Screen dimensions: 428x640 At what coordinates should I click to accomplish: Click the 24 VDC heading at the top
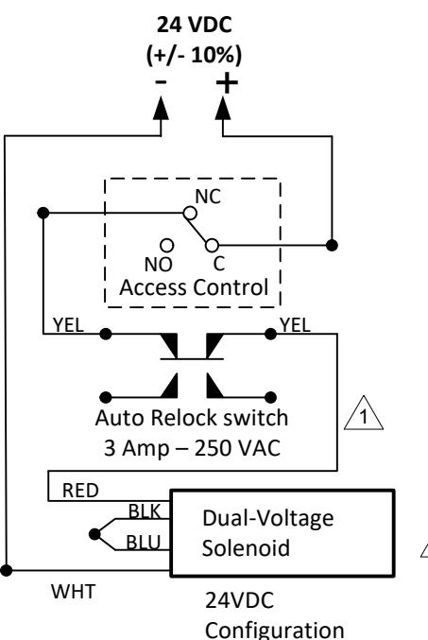pyautogui.click(x=195, y=25)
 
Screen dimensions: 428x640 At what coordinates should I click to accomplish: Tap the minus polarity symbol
pyautogui.click(x=162, y=81)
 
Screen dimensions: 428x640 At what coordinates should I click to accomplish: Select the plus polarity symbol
pyautogui.click(x=227, y=83)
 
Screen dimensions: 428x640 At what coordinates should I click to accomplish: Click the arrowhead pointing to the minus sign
pyautogui.click(x=162, y=108)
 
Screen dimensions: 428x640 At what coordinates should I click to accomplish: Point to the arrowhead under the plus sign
pyautogui.click(x=223, y=108)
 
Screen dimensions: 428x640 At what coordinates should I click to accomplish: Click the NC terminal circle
pyautogui.click(x=190, y=213)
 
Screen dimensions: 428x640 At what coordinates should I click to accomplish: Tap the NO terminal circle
pyautogui.click(x=167, y=245)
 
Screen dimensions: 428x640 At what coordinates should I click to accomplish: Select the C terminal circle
pyautogui.click(x=212, y=245)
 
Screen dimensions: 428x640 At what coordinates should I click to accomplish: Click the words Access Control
pyautogui.click(x=194, y=287)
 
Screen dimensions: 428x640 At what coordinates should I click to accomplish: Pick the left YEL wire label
pyautogui.click(x=68, y=325)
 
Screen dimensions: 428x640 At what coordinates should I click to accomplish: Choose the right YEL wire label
pyautogui.click(x=295, y=325)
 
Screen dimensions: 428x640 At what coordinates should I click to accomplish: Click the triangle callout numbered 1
pyautogui.click(x=364, y=416)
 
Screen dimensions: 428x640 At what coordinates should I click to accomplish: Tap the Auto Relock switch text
pyautogui.click(x=192, y=418)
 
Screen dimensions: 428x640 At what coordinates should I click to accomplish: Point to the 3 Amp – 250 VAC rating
pyautogui.click(x=192, y=448)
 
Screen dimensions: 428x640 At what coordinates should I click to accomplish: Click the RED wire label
pyautogui.click(x=80, y=491)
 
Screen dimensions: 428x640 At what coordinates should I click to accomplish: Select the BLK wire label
pyautogui.click(x=145, y=511)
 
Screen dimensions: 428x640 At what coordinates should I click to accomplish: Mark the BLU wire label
pyautogui.click(x=144, y=543)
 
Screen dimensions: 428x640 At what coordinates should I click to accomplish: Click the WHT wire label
pyautogui.click(x=73, y=592)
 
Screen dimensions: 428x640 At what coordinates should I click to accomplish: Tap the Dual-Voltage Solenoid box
pyautogui.click(x=282, y=533)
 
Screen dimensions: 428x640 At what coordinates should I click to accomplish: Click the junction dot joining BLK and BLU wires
pyautogui.click(x=94, y=534)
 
